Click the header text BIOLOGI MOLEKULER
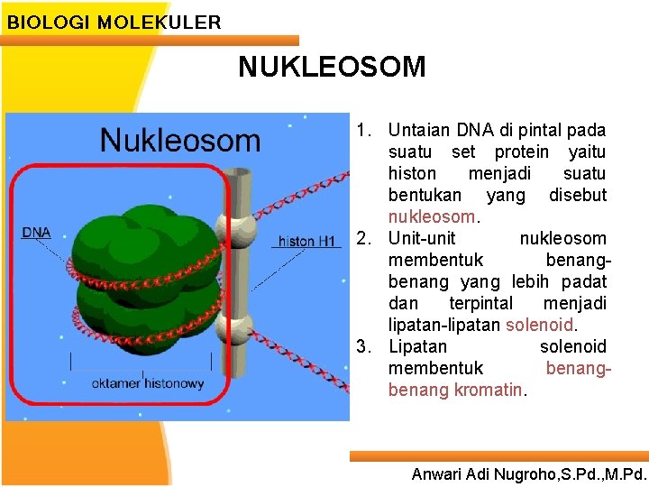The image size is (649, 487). pyautogui.click(x=114, y=23)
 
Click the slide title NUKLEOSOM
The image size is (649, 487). pyautogui.click(x=332, y=67)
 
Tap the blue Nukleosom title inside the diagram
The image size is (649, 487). pyautogui.click(x=179, y=141)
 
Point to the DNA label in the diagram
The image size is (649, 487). pyautogui.click(x=36, y=232)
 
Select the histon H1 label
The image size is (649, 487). pyautogui.click(x=306, y=241)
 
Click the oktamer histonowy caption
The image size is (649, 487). pyautogui.click(x=147, y=383)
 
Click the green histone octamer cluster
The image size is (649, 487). pyautogui.click(x=149, y=271)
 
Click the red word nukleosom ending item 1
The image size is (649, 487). pyautogui.click(x=431, y=217)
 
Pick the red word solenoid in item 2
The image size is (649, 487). pyautogui.click(x=539, y=325)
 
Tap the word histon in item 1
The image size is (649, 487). pyautogui.click(x=412, y=173)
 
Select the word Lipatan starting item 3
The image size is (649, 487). pyautogui.click(x=417, y=347)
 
